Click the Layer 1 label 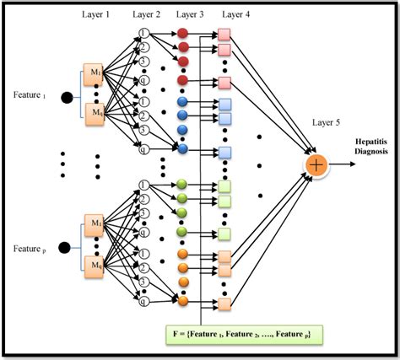(x=95, y=16)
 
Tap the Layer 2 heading (x=146, y=16)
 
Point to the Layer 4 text (x=233, y=16)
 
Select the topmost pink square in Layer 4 (x=224, y=35)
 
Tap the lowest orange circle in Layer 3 (x=182, y=299)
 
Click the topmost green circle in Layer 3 (x=182, y=184)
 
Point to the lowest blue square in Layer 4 (x=224, y=153)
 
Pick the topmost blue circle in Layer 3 (x=182, y=102)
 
